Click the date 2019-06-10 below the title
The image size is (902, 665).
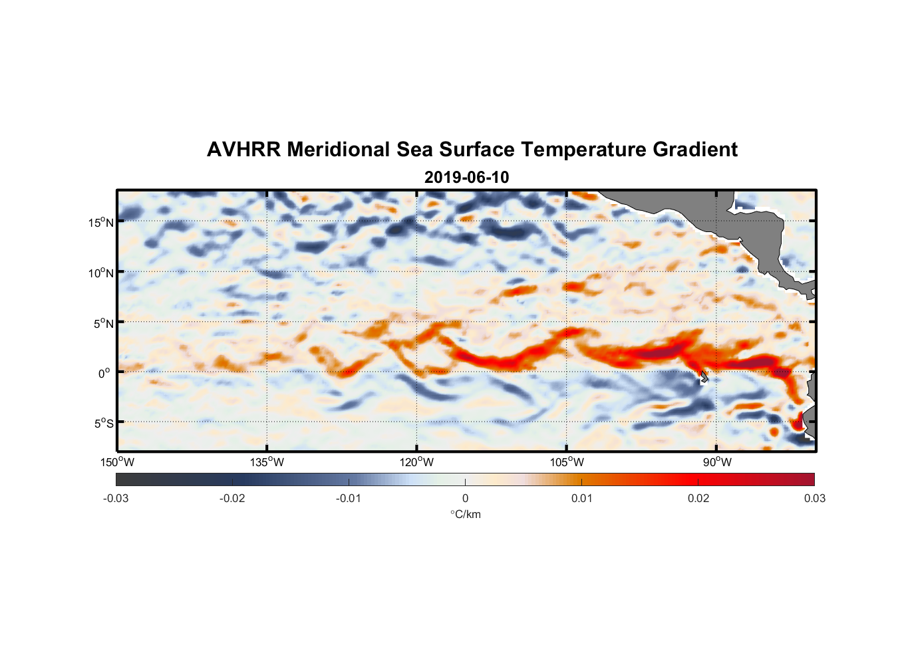click(466, 178)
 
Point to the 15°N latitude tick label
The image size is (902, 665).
click(101, 222)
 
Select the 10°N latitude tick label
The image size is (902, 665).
click(101, 273)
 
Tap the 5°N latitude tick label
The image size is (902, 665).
click(103, 323)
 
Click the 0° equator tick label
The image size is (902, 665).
click(104, 373)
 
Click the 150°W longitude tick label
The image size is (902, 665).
click(118, 462)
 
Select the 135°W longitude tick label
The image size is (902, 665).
click(267, 462)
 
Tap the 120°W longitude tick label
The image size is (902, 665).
click(417, 462)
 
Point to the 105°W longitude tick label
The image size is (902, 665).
click(567, 462)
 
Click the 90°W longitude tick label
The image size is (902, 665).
click(717, 462)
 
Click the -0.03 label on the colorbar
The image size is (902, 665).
click(116, 499)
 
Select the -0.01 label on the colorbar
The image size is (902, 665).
click(348, 499)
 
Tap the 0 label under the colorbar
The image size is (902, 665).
click(465, 499)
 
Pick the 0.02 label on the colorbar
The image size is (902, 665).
click(698, 499)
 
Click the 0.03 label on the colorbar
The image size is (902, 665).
click(814, 499)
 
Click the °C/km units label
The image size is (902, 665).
click(465, 514)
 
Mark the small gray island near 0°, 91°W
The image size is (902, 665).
click(704, 377)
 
